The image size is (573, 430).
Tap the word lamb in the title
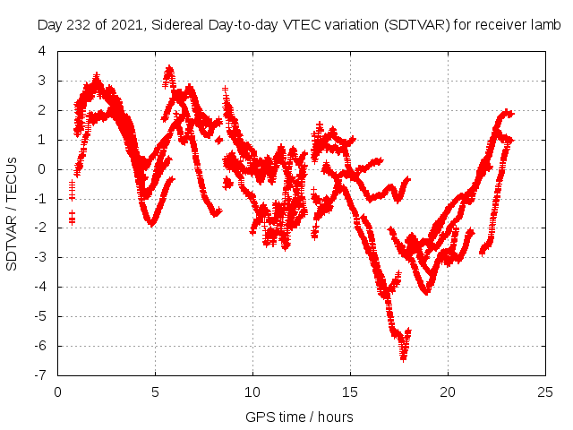[x=544, y=26]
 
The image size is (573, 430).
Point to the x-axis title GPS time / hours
[x=300, y=417]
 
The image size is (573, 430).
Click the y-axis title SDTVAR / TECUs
[x=12, y=213]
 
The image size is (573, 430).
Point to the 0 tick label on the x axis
[x=57, y=391]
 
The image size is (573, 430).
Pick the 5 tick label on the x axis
[x=155, y=391]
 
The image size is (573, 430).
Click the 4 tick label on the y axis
[x=42, y=51]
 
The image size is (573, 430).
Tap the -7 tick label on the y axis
[x=40, y=375]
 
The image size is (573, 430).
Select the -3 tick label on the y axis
[x=40, y=257]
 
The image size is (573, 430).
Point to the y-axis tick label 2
[x=42, y=110]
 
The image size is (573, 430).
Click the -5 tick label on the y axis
[x=40, y=316]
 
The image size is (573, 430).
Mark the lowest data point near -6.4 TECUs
[x=404, y=357]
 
